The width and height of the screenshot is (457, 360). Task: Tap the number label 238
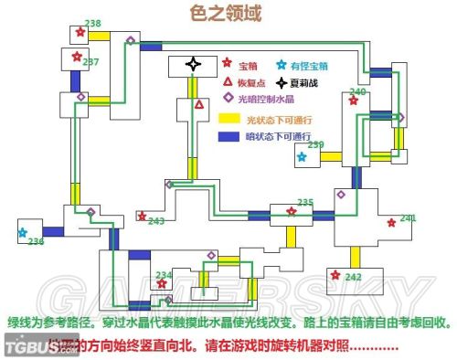pos(92,23)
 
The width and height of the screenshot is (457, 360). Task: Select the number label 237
pos(90,62)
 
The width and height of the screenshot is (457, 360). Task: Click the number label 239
pos(315,144)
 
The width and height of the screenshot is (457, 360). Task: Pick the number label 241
pos(407,217)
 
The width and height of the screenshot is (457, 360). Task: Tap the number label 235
pos(305,202)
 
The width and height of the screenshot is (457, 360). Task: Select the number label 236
pos(36,241)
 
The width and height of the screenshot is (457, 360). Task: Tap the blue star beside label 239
pos(303,156)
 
